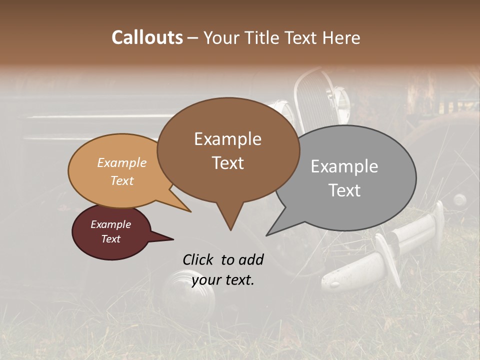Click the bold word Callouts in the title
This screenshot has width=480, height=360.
147,37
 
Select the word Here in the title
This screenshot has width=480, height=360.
341,37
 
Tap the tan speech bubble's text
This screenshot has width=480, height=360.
122,171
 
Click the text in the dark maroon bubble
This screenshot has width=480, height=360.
110,231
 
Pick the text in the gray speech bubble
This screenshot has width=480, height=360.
344,178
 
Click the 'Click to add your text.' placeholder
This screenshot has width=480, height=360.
223,269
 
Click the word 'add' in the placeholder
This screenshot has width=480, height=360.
250,259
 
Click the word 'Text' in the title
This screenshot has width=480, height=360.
305,37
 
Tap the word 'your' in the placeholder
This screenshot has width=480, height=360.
207,280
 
